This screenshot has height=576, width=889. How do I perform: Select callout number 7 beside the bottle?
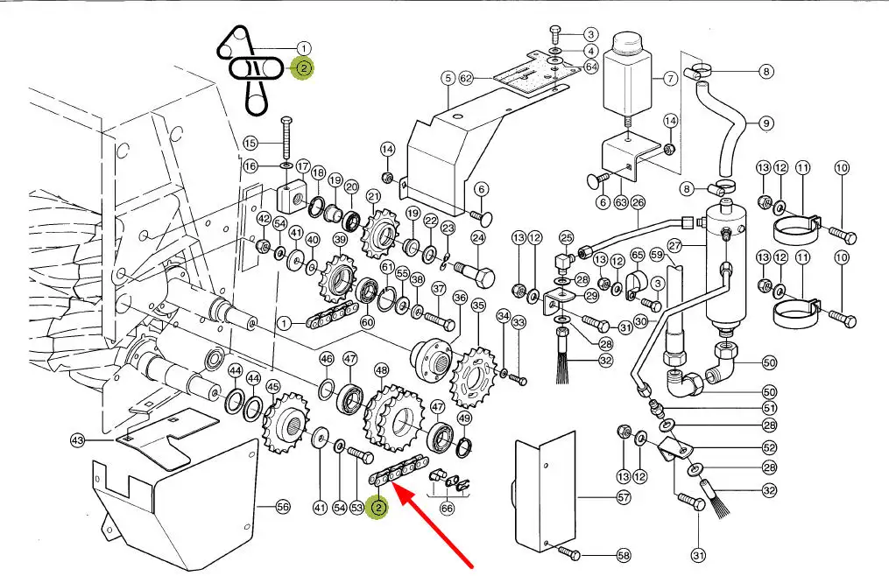pos(670,79)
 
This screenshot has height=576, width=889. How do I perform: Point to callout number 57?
pos(623,498)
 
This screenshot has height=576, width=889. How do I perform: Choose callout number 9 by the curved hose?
pos(766,123)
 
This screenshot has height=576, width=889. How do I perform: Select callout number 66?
pos(448,509)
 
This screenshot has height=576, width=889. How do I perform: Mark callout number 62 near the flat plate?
pos(466,79)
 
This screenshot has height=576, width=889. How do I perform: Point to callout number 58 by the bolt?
pos(623,555)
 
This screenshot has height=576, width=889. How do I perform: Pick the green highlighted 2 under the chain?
pos(378,508)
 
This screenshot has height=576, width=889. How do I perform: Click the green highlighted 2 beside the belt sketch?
pos(303,68)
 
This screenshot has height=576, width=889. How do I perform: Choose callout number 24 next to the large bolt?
pos(478,237)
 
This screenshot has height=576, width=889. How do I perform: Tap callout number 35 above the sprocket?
pos(477,306)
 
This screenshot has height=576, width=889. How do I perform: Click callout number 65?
pos(638,255)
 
